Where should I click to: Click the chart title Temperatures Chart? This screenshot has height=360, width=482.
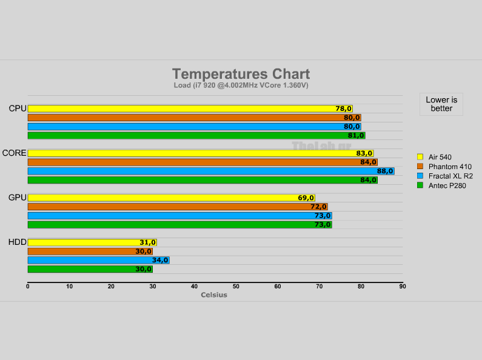coord(241,74)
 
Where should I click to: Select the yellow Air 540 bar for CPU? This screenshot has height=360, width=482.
coord(182,108)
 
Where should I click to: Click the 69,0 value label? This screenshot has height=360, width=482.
coord(306,198)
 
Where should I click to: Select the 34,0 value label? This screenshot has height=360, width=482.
coord(160,261)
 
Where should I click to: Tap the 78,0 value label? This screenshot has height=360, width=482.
coord(343,108)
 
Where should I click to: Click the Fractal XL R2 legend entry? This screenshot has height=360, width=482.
coord(450,176)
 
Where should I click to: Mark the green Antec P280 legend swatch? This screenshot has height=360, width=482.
coord(420,185)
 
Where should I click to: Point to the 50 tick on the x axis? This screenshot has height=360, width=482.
coord(236,287)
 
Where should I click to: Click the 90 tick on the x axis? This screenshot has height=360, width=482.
coord(402,287)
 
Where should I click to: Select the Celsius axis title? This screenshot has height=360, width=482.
coord(214,295)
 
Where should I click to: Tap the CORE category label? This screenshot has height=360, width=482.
coord(14,153)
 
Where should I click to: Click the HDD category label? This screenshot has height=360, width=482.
coord(17,242)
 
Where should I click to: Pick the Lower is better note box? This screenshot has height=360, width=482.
coord(441,104)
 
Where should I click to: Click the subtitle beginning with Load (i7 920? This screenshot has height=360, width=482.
coord(241,85)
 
